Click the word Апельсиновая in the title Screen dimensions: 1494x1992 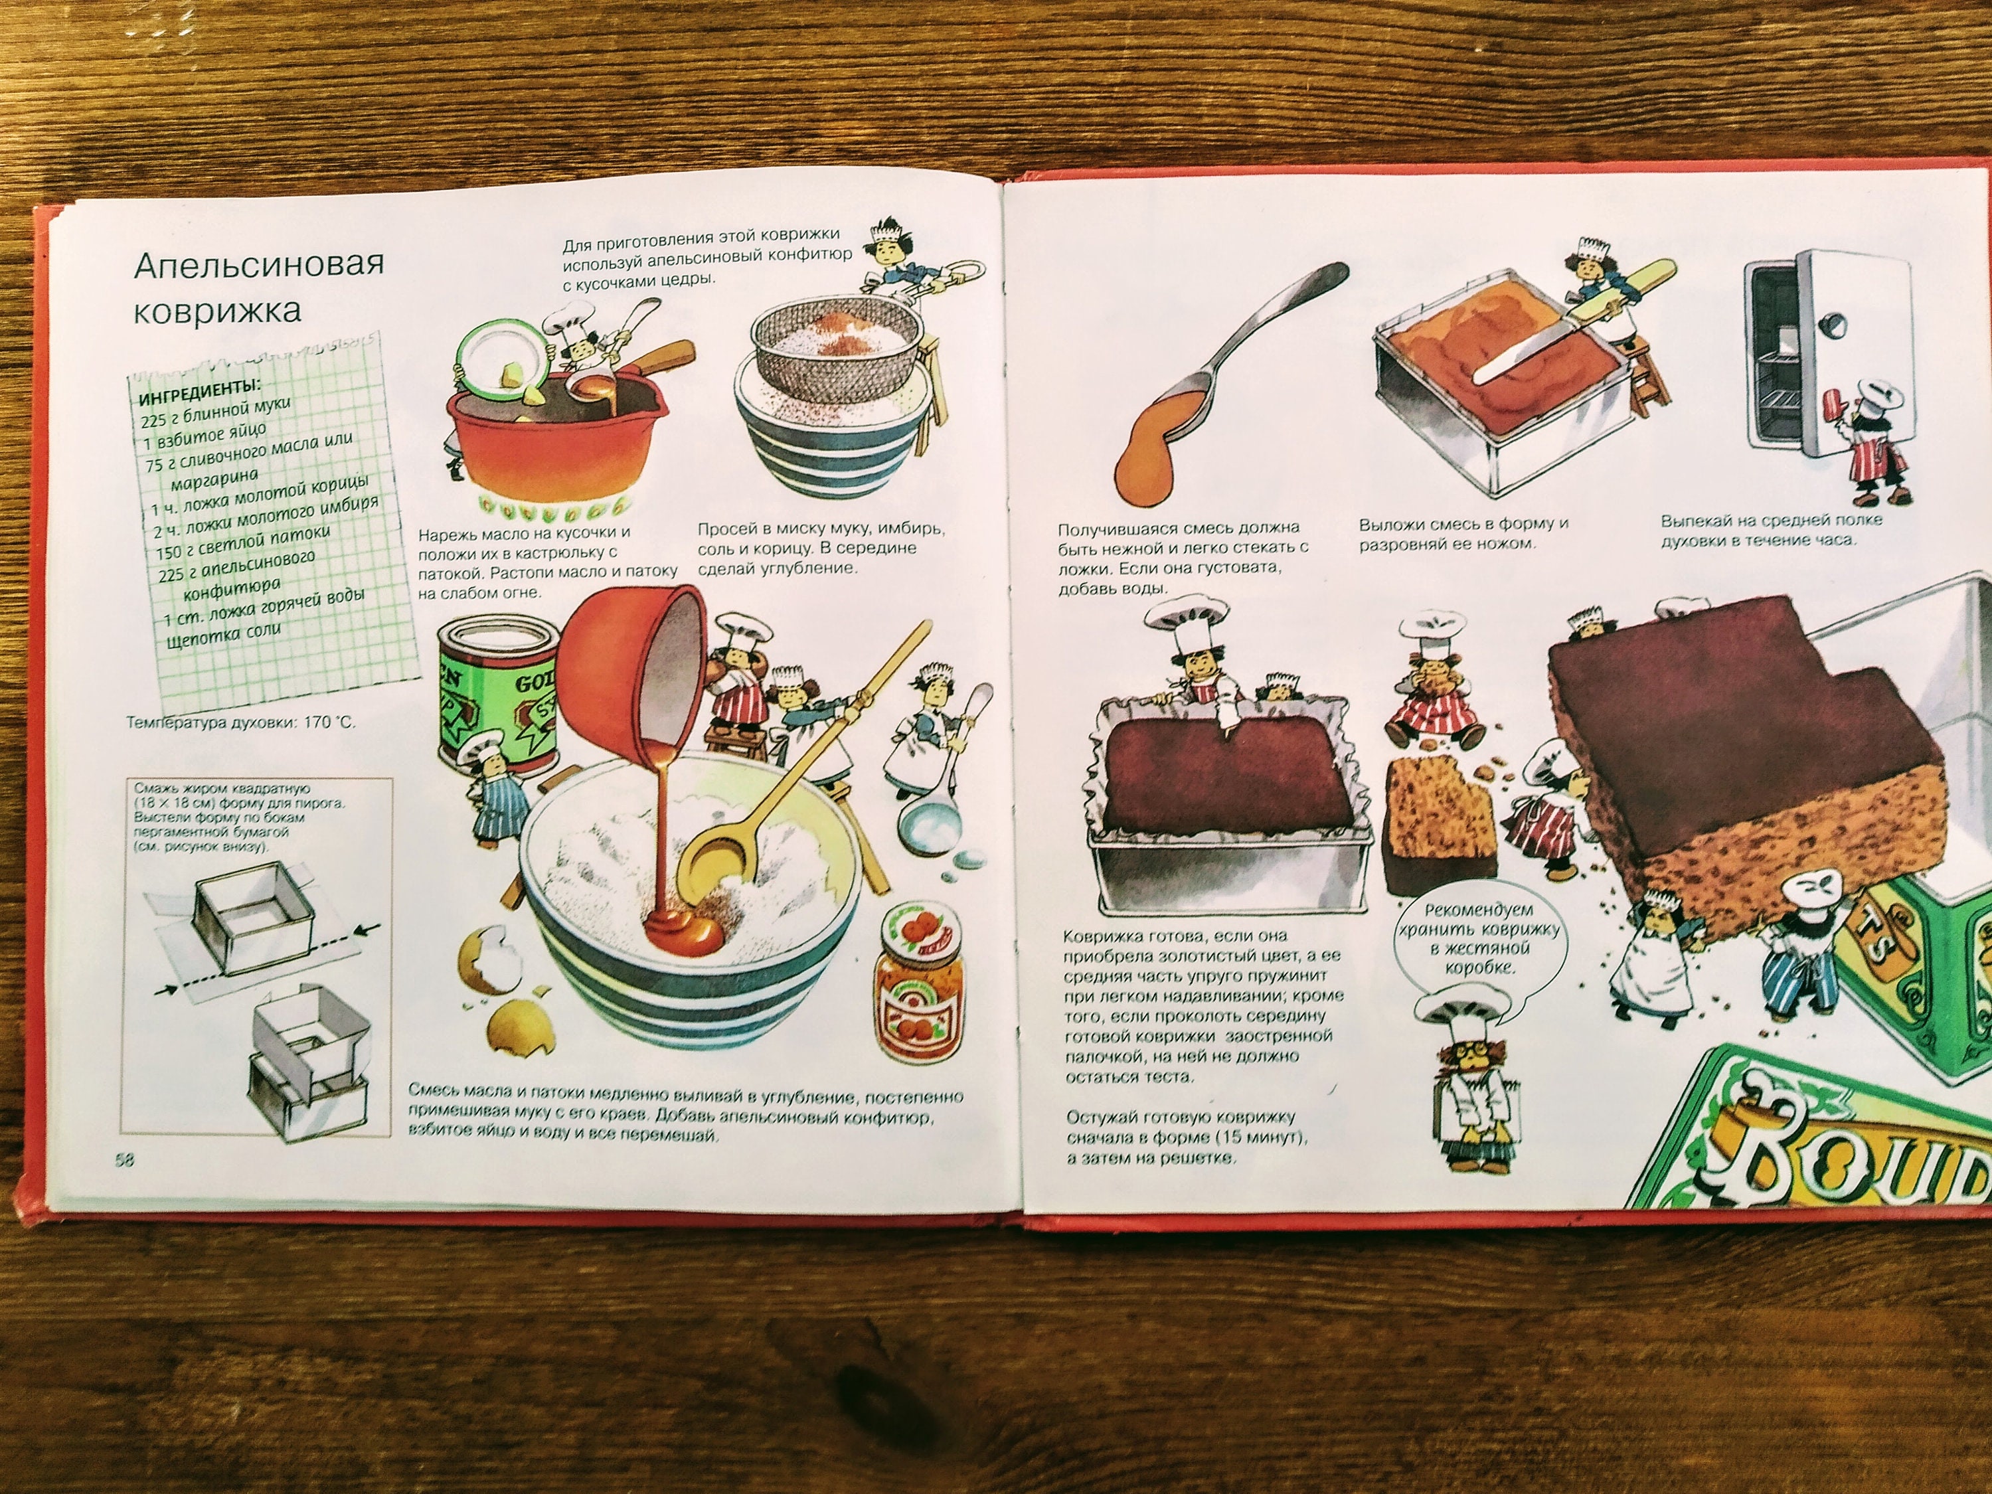(x=258, y=263)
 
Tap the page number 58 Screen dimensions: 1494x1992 (x=124, y=1160)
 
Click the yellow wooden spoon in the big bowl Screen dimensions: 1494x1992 (x=774, y=792)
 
